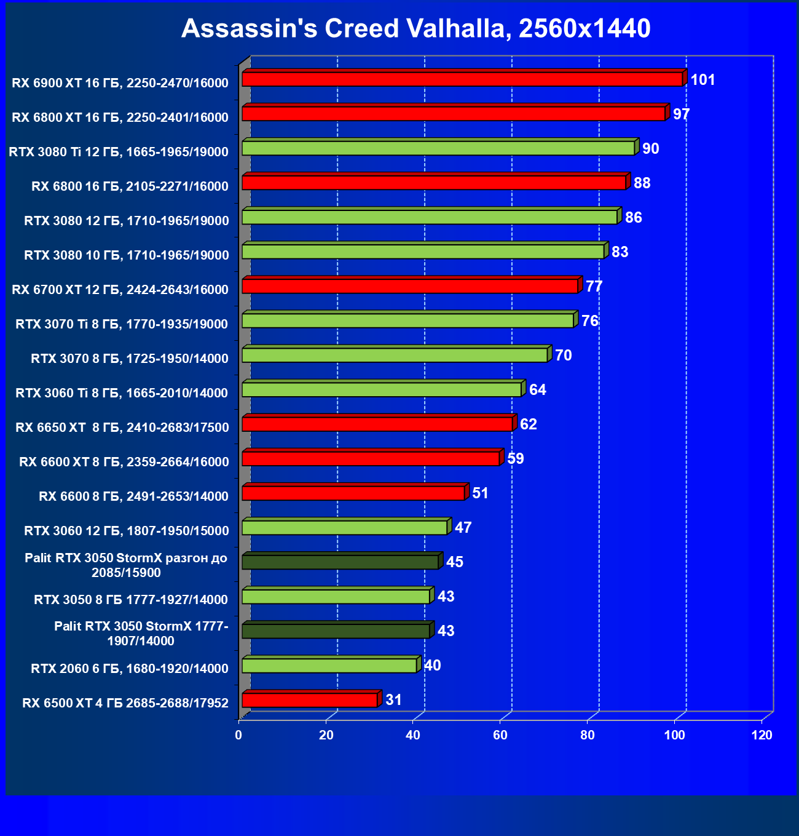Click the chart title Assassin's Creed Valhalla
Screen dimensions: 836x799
[415, 28]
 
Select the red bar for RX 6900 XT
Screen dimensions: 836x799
[462, 79]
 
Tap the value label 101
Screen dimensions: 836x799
[703, 80]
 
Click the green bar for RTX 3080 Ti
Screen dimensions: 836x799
[438, 148]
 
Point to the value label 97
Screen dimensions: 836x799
[681, 114]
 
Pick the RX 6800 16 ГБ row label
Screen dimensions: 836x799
[130, 186]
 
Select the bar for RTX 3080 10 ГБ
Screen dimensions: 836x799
[423, 252]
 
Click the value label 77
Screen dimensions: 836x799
[594, 287]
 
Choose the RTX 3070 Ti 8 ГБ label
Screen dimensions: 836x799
[122, 324]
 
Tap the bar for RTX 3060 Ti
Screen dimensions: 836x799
[382, 389]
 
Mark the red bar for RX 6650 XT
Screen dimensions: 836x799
[377, 424]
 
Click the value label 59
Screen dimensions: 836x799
[515, 459]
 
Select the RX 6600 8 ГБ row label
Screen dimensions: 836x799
[133, 496]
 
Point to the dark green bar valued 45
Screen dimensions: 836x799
[340, 562]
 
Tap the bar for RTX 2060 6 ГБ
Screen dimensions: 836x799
[329, 666]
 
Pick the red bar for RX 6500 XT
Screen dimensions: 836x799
[310, 700]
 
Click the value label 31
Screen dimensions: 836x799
[393, 700]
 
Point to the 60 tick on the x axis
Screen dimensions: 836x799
[500, 735]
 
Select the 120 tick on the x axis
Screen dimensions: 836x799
[762, 735]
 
